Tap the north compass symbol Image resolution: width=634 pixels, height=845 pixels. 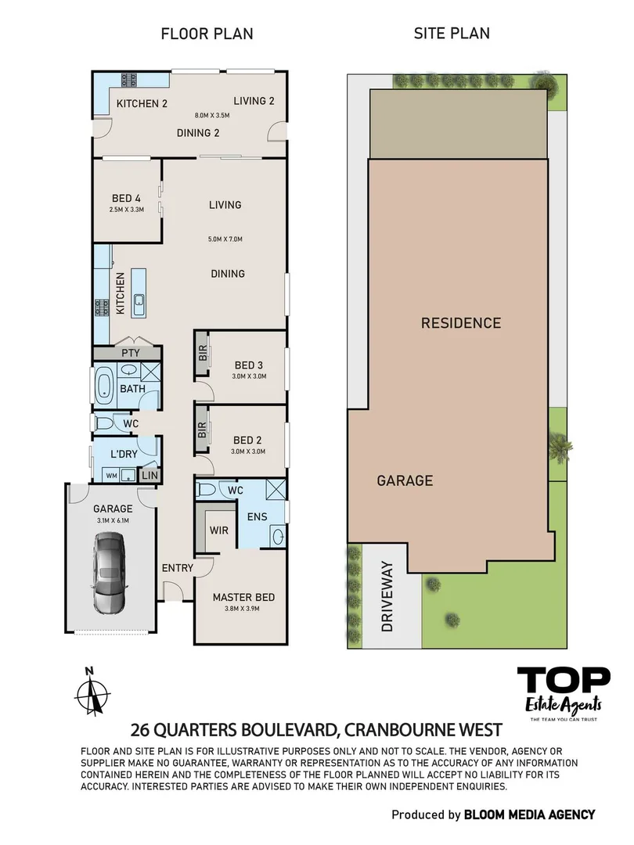coord(93,691)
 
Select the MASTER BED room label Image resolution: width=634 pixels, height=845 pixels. coord(243,597)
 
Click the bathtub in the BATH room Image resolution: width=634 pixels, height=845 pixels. coord(103,387)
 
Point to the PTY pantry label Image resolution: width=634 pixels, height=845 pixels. coord(130,353)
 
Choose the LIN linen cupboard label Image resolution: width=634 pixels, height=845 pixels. coord(149,475)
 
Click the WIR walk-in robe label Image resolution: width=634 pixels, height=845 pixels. coord(218,530)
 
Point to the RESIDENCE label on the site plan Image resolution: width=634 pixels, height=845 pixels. coord(460,322)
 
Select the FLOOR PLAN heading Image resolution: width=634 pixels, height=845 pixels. coord(207,34)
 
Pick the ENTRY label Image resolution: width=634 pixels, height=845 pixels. coord(177,568)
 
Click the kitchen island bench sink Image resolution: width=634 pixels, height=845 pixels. coord(139,300)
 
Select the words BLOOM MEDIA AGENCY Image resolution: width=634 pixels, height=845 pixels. coord(529,814)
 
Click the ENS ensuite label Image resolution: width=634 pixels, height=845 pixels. coord(257,516)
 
